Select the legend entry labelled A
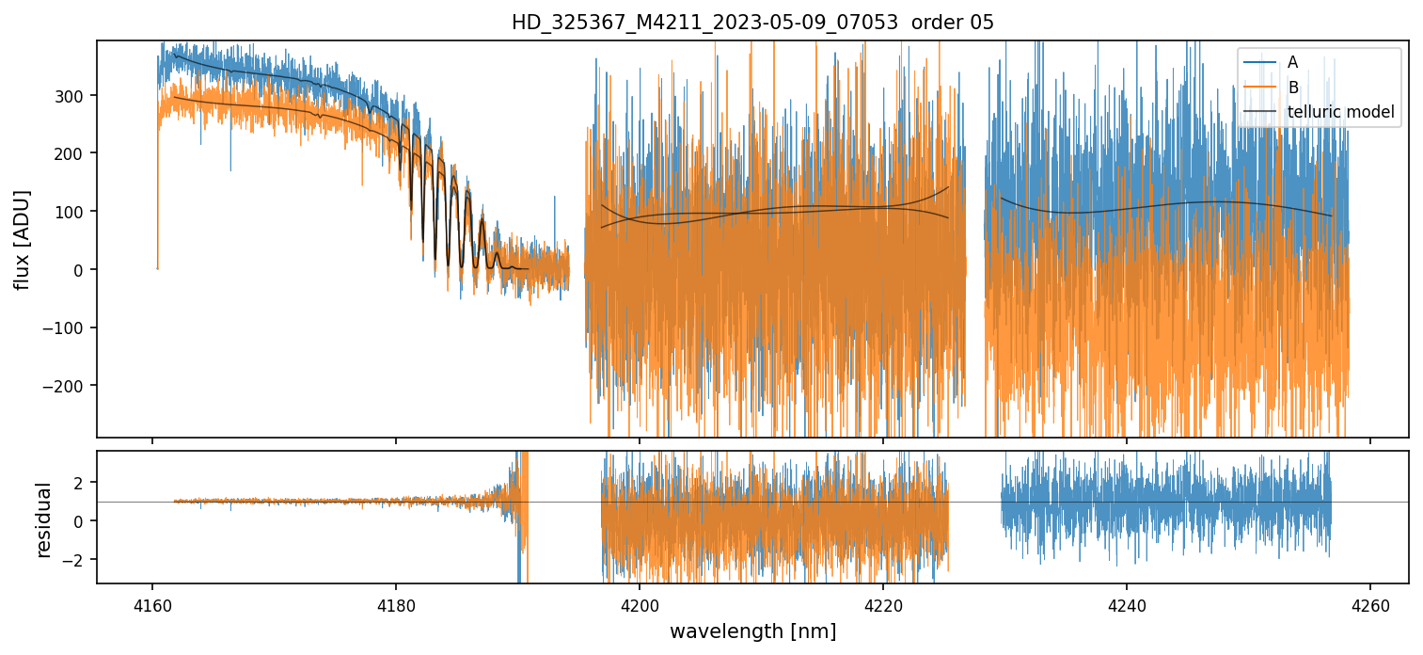tap(1292, 62)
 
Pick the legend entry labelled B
tap(1292, 88)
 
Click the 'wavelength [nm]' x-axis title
tap(752, 631)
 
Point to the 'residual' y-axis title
tap(43, 519)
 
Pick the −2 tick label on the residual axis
tap(77, 560)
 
